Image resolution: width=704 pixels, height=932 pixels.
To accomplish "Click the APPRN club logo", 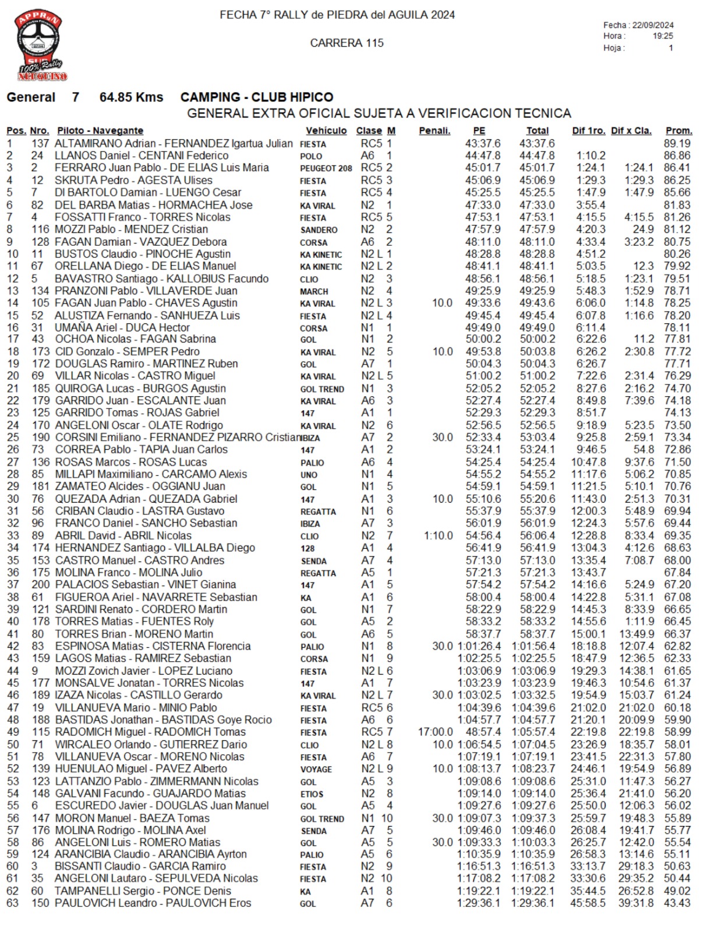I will pyautogui.click(x=40, y=44).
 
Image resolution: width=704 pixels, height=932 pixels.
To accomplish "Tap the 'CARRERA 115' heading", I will pyautogui.click(x=346, y=43).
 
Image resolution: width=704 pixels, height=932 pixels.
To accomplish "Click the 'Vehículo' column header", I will pyautogui.click(x=326, y=131).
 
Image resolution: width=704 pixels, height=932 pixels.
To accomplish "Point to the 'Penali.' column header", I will pyautogui.click(x=434, y=131).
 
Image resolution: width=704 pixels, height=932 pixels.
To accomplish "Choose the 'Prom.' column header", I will pyautogui.click(x=678, y=131).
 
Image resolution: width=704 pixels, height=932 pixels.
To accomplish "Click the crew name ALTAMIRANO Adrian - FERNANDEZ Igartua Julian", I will pyautogui.click(x=174, y=144).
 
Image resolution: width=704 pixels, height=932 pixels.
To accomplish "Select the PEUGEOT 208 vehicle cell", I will pyautogui.click(x=326, y=168).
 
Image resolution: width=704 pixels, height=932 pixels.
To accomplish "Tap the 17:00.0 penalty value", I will pyautogui.click(x=435, y=732).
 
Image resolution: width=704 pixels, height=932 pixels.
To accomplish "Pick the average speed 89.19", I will pyautogui.click(x=677, y=144).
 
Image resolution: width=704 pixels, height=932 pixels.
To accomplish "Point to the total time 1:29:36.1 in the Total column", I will pyautogui.click(x=533, y=903).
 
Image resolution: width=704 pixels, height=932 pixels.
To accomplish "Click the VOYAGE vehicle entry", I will pyautogui.click(x=316, y=769).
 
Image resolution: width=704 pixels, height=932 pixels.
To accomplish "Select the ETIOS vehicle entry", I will pyautogui.click(x=312, y=794).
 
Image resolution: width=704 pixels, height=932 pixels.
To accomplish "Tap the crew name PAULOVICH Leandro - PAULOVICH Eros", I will pyautogui.click(x=153, y=903).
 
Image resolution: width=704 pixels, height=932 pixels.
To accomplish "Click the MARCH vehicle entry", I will pyautogui.click(x=314, y=291).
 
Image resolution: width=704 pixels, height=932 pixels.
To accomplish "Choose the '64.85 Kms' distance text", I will pyautogui.click(x=131, y=97).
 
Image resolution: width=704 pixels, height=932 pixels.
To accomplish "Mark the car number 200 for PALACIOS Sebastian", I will pyautogui.click(x=40, y=585).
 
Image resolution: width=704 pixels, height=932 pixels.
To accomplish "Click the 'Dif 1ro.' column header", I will pyautogui.click(x=588, y=131).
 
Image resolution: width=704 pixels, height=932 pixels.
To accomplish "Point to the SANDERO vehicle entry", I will pyautogui.click(x=319, y=230).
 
